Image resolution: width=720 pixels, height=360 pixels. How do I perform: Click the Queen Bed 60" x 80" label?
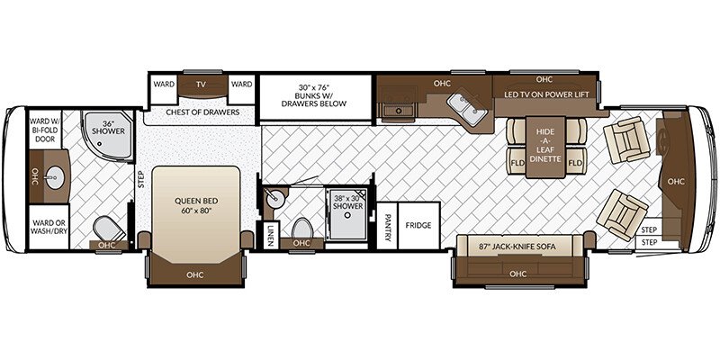195,206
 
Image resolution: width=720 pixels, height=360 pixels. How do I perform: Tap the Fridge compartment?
418,226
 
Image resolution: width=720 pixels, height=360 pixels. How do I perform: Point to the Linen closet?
270,235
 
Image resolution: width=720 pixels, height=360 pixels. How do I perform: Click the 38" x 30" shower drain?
347,214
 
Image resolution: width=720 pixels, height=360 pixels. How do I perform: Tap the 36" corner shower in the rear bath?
108,133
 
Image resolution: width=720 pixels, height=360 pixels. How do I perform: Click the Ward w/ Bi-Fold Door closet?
45,130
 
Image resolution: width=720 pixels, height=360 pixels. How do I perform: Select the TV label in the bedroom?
200,85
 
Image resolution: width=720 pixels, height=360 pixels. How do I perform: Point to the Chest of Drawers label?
202,112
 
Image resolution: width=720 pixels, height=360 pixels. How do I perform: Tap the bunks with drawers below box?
316,97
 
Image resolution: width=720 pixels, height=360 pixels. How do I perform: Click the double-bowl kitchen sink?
467,108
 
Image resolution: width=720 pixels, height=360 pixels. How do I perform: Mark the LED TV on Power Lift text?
546,94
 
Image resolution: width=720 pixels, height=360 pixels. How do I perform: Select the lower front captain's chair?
622,215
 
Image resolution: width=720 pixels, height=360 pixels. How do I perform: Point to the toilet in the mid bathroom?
301,229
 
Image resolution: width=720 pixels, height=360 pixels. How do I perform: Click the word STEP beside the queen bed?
140,177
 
